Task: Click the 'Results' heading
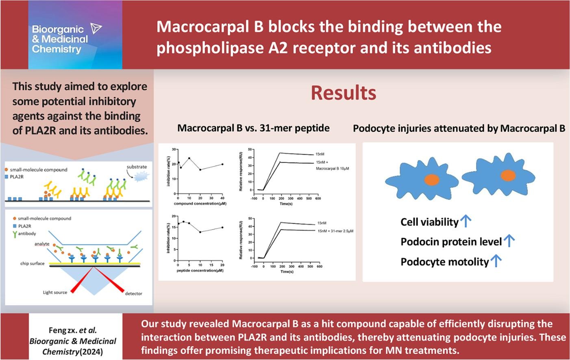coord(344,93)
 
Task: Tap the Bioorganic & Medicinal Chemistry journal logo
coord(75,35)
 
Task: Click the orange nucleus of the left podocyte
coord(432,180)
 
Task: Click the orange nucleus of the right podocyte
coord(508,176)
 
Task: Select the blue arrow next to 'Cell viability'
coord(466,221)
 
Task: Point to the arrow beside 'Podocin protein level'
coord(509,241)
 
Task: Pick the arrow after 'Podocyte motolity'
coord(496,261)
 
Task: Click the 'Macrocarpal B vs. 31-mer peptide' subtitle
coord(253,128)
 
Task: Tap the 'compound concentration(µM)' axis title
coord(200,204)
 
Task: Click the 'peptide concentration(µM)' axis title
coord(200,270)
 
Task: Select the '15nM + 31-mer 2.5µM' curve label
coord(335,231)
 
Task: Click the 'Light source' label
coord(55,293)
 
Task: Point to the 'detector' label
coord(133,293)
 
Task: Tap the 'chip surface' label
coord(32,263)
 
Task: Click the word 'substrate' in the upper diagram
coord(137,167)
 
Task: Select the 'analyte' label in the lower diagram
coord(42,244)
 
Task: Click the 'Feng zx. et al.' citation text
coord(73,330)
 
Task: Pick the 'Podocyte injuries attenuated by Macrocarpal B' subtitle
coord(459,128)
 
